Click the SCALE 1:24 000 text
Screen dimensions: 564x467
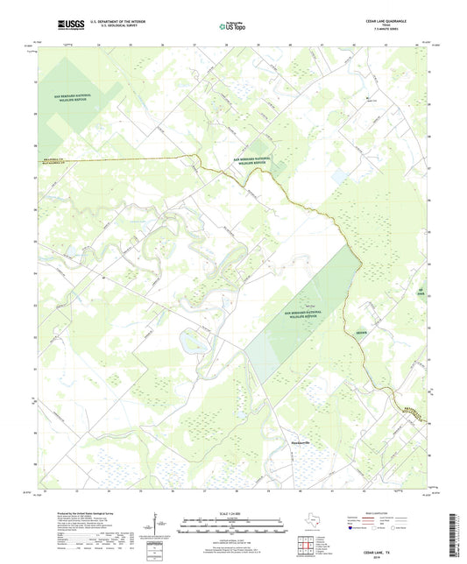(232, 512)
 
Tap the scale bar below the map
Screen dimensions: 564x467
(232, 523)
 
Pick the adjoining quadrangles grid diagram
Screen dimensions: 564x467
(304, 546)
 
